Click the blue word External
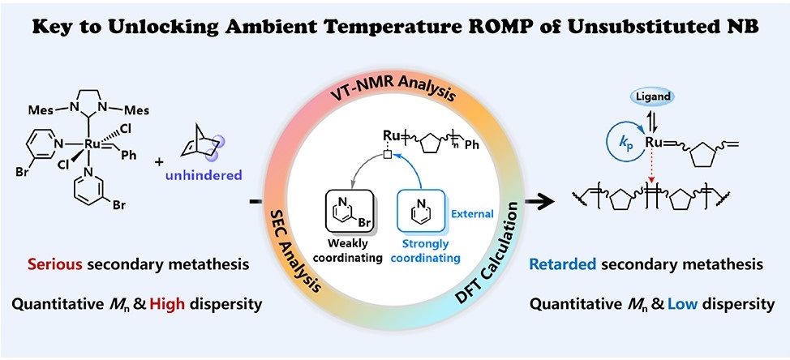(x=473, y=214)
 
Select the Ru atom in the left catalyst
(x=91, y=144)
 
